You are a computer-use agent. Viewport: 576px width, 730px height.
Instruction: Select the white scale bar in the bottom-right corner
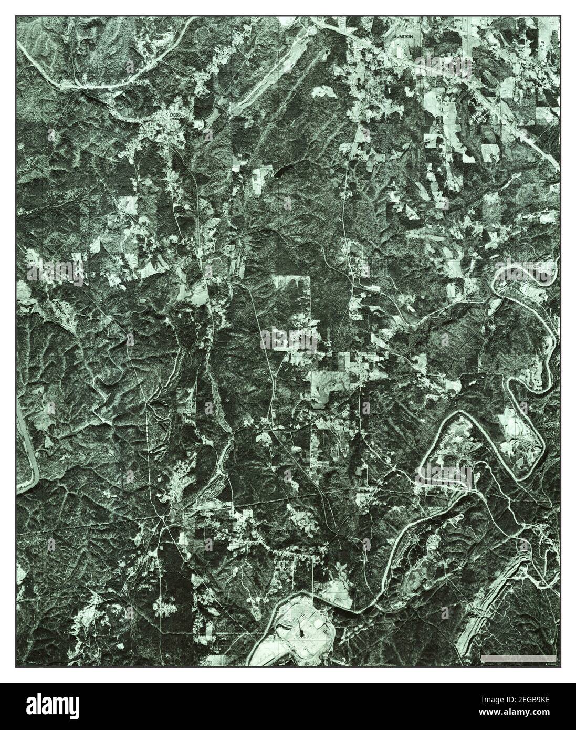point(518,658)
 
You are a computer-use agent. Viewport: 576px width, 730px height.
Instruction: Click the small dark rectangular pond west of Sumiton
point(328,52)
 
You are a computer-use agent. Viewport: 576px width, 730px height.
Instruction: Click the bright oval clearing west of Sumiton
point(325,91)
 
